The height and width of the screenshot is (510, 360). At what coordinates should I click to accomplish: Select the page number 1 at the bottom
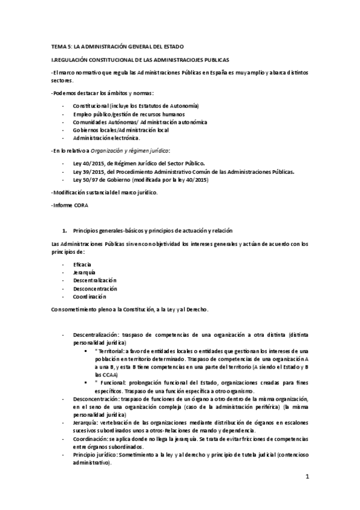[x=307, y=478]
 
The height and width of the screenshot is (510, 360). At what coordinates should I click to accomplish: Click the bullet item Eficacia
[x=82, y=265]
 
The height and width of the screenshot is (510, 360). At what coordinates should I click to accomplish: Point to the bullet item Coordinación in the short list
[x=90, y=296]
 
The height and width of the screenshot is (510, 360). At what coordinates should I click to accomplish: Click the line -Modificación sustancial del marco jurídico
[x=105, y=192]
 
